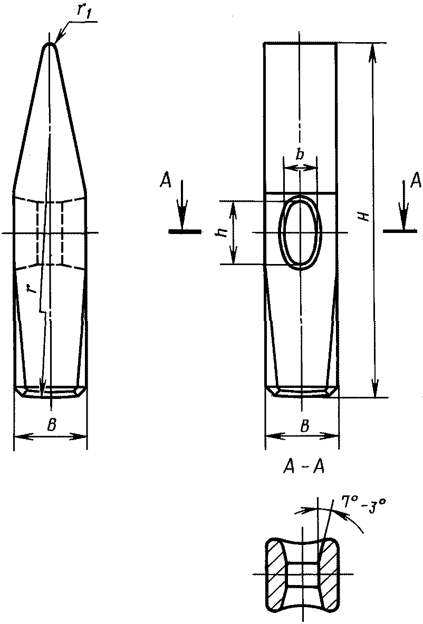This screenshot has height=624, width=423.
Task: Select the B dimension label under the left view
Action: [x=51, y=425]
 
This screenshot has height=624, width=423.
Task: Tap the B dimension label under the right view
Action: [x=304, y=426]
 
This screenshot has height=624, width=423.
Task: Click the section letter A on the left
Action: [x=165, y=181]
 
